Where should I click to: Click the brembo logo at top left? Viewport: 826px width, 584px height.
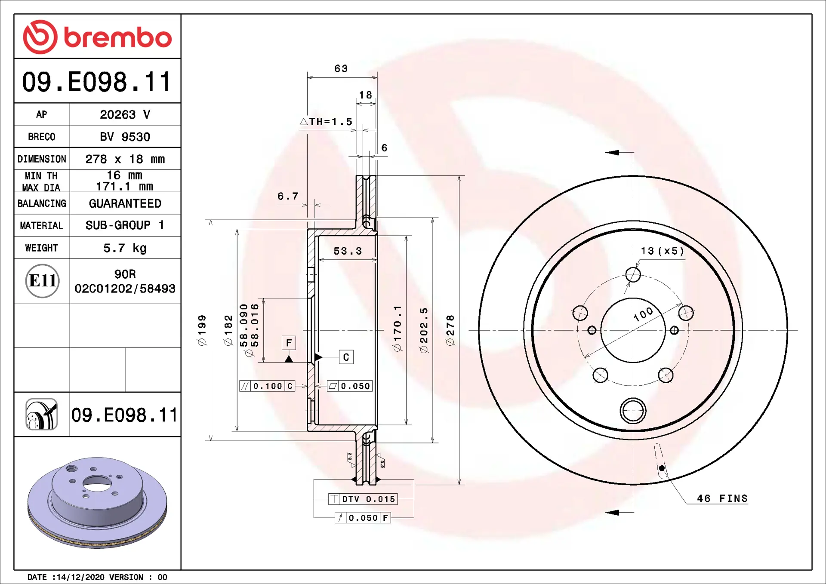tap(97, 37)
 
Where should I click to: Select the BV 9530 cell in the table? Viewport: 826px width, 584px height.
tap(125, 137)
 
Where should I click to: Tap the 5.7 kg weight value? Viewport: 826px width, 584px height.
tap(125, 248)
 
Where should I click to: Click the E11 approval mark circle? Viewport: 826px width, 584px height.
tap(42, 281)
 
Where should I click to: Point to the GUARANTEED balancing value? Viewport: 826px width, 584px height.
tap(125, 203)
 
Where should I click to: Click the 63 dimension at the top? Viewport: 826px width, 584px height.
tap(341, 68)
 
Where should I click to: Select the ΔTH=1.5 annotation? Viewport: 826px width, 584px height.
tap(326, 122)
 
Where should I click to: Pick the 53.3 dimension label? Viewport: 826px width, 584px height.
tap(348, 251)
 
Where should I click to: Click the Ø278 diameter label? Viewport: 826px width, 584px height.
tap(450, 330)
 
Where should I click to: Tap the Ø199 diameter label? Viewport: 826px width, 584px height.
tap(201, 330)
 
